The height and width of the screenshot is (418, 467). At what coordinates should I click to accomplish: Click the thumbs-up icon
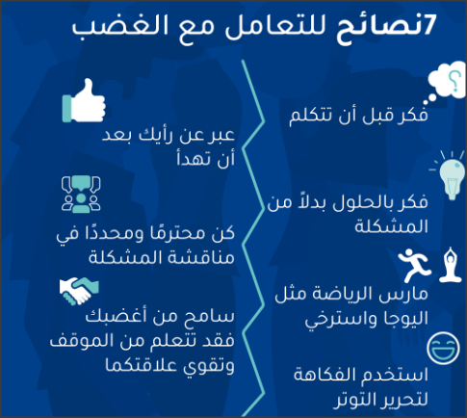point(84,101)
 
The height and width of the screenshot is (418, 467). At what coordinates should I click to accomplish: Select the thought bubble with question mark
point(446,83)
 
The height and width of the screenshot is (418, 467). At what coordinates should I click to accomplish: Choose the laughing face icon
point(443,349)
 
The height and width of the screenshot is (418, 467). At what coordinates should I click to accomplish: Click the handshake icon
point(79,291)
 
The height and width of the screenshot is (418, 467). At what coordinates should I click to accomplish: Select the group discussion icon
point(81,195)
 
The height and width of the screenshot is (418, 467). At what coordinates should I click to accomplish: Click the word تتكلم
point(307,116)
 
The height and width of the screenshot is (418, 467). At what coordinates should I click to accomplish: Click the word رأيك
point(157,135)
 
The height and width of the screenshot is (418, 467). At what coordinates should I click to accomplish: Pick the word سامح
point(209,316)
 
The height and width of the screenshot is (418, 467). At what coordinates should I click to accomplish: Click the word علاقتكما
point(142,365)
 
